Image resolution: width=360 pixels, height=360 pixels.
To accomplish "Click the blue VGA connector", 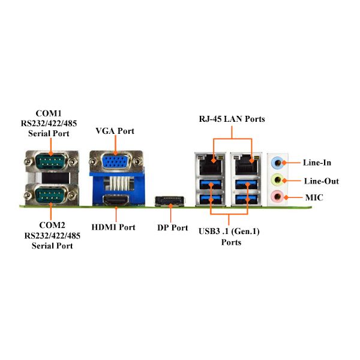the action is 115,161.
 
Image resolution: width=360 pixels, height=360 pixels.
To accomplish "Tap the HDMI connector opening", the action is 116,200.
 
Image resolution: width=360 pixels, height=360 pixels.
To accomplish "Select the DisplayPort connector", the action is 170,201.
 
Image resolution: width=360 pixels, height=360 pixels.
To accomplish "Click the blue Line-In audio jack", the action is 277,163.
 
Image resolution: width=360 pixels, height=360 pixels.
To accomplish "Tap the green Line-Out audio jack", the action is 277,180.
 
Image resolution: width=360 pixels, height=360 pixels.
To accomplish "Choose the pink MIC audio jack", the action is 277,197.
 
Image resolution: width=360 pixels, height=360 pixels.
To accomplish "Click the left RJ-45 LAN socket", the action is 211,164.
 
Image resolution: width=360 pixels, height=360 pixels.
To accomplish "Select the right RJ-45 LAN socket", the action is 247,164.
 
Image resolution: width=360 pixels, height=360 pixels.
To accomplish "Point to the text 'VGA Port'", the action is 115,131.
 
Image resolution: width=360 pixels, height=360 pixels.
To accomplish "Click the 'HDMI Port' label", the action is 113,227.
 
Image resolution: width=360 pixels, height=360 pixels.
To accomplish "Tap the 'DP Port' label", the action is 172,228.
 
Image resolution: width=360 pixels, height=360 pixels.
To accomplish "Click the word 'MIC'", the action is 314,197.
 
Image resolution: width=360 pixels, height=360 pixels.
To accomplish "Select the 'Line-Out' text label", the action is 322,181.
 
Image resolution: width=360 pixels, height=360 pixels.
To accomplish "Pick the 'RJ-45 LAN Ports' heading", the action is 232,119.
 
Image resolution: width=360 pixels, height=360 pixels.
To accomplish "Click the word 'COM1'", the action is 49,113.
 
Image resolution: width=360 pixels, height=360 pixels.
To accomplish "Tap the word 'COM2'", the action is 52,225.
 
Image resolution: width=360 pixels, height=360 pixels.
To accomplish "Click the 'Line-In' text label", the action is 317,163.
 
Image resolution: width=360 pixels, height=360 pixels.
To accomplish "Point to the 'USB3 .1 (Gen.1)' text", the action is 229,231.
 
